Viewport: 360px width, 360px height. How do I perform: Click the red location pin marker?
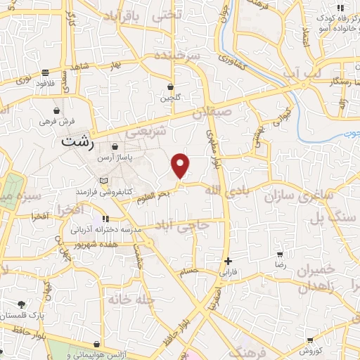click(x=181, y=165)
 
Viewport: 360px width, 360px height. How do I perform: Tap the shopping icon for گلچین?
click(x=170, y=87)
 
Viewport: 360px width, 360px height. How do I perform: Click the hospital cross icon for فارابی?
click(x=228, y=261)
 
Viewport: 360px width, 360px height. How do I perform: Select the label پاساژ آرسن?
click(x=115, y=158)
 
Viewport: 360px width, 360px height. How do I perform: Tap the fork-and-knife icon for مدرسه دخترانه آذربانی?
click(x=106, y=219)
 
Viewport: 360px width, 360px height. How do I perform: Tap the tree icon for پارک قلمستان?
click(x=22, y=304)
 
